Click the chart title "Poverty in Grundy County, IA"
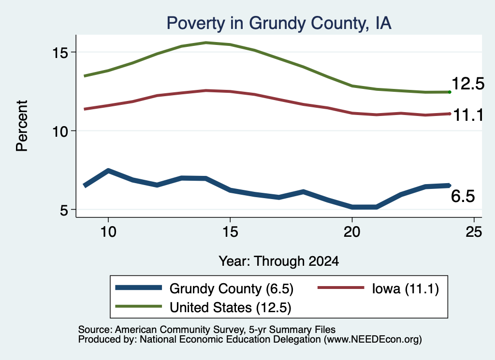[x=279, y=23]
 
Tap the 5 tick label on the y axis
[x=64, y=210]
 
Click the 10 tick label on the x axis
[x=108, y=232]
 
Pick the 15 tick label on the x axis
[x=230, y=232]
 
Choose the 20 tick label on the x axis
[x=352, y=232]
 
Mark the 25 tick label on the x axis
[x=474, y=232]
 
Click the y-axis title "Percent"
[x=22, y=126]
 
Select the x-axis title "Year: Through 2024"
[x=279, y=261]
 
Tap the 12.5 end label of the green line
[x=468, y=84]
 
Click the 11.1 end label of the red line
[x=468, y=115]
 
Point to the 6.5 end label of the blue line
[x=463, y=196]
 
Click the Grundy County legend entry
[x=204, y=288]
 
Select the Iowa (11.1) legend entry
[x=378, y=288]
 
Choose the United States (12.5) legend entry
[x=203, y=307]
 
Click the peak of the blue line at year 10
[x=108, y=171]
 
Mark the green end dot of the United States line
[x=450, y=92]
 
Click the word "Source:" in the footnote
[x=95, y=330]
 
